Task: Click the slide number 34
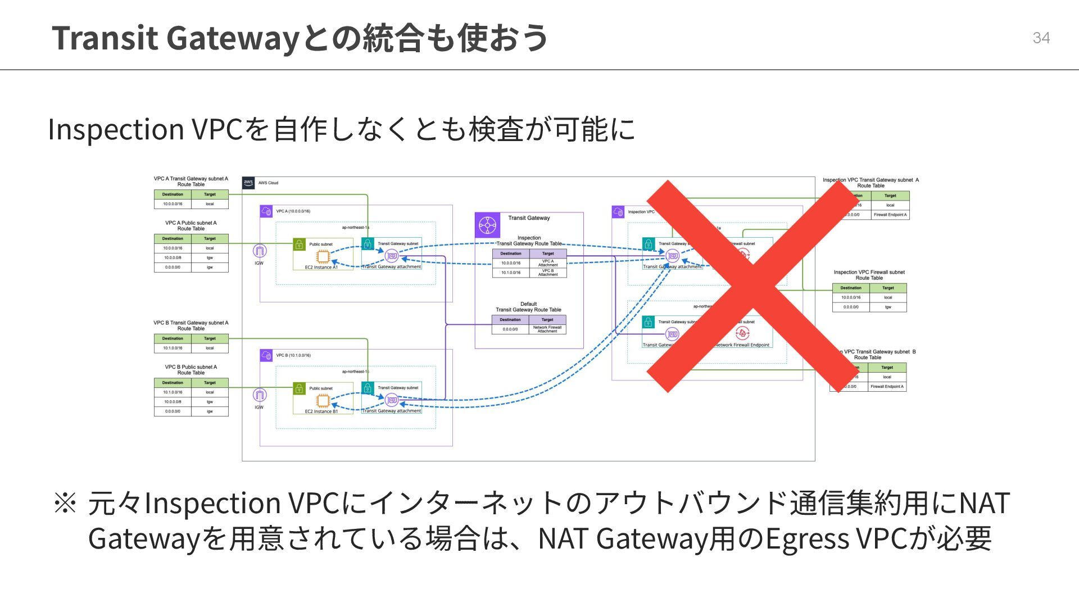click(x=1041, y=38)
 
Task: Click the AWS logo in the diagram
click(x=248, y=183)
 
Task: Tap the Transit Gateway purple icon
click(x=487, y=225)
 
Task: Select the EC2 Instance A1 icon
click(x=323, y=256)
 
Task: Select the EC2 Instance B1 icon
click(x=323, y=400)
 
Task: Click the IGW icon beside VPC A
click(x=259, y=251)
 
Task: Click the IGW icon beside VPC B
click(x=259, y=395)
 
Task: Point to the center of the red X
click(x=751, y=287)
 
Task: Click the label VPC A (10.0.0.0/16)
click(x=293, y=211)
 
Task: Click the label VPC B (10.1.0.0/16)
click(x=293, y=355)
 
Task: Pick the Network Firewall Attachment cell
click(x=547, y=329)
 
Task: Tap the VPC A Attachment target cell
click(x=548, y=263)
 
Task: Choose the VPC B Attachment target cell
click(x=548, y=273)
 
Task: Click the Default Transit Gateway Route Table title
click(x=528, y=307)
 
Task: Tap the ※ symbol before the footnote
click(x=65, y=502)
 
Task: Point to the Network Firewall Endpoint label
click(x=742, y=345)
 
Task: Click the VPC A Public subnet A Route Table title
click(x=191, y=225)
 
